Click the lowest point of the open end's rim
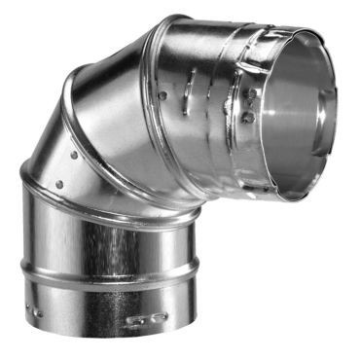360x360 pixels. (292, 198)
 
